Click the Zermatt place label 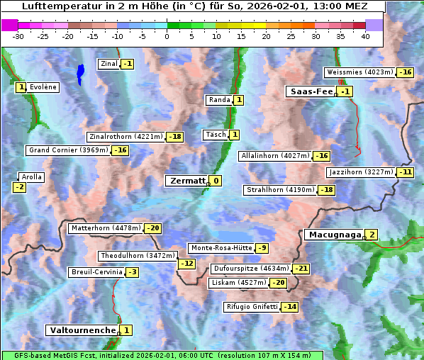tap(186, 181)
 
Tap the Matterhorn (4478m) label tap(105, 228)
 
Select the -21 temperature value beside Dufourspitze tap(301, 269)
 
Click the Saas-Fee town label tap(310, 91)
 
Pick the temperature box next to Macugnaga tap(372, 235)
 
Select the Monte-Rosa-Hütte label tap(221, 248)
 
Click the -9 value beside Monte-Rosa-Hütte tap(262, 248)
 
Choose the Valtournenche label tap(82, 330)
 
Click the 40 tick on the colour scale tap(365, 35)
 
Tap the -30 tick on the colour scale tap(18, 35)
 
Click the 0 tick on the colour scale tap(167, 35)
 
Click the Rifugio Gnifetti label tap(252, 307)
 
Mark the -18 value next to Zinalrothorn tap(174, 137)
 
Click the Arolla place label tap(32, 177)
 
